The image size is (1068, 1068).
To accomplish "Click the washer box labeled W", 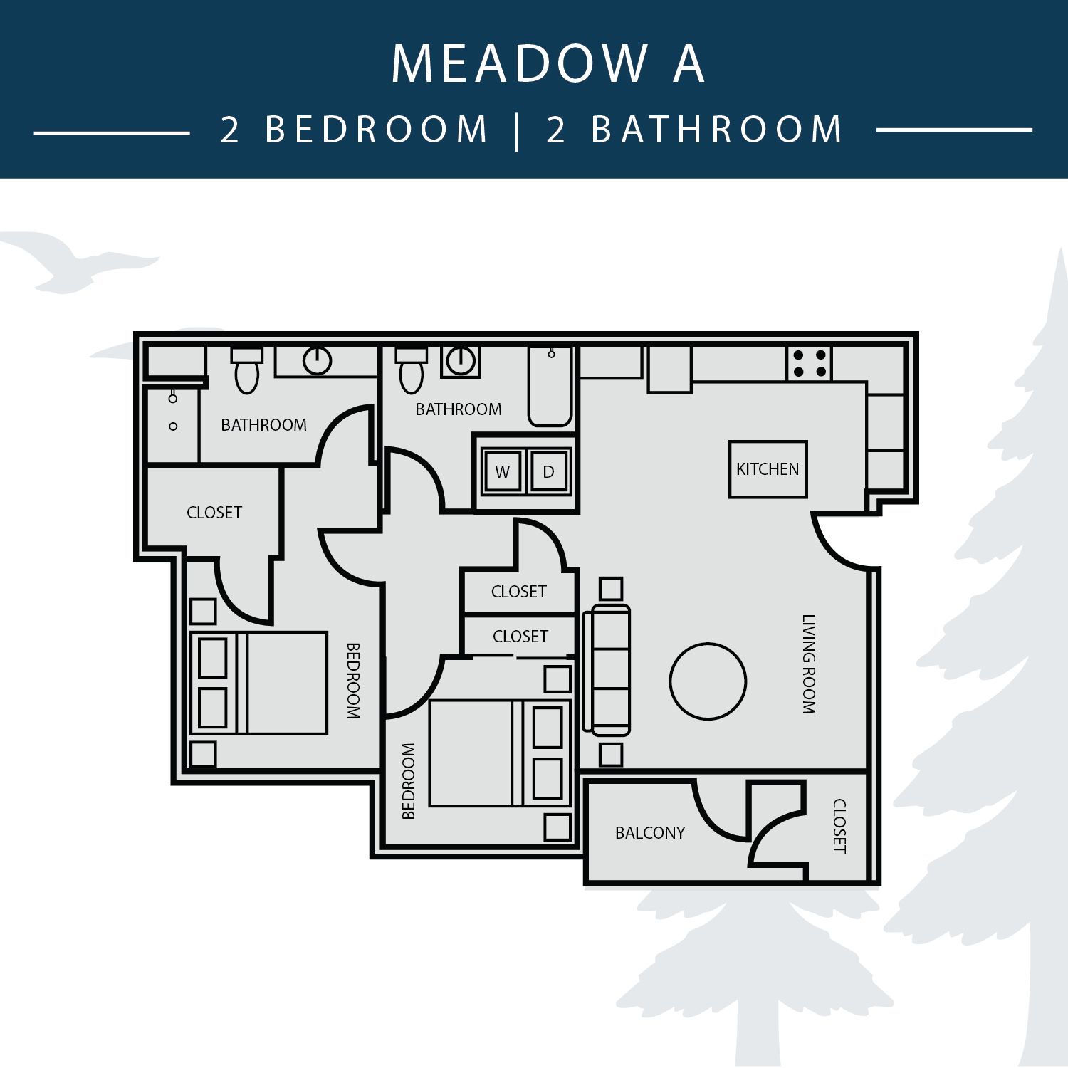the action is click(x=503, y=471).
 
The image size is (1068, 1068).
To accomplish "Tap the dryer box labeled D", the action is click(x=548, y=471).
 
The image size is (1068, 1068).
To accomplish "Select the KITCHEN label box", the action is click(x=768, y=469).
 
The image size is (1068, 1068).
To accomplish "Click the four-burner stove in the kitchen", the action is click(x=810, y=363).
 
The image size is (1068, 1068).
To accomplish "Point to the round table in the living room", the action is click(x=708, y=681).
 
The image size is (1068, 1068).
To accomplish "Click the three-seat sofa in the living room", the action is click(x=607, y=669).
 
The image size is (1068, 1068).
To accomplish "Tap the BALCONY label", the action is click(x=650, y=832).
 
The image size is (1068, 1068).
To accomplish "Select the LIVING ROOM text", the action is click(x=809, y=664).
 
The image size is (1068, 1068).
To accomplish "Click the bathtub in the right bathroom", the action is click(x=550, y=386).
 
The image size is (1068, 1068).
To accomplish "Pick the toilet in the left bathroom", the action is click(x=247, y=370).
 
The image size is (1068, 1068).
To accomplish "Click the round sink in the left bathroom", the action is click(x=318, y=361).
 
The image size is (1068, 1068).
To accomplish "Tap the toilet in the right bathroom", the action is click(x=412, y=370).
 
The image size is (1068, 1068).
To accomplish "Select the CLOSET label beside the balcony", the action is click(x=839, y=826).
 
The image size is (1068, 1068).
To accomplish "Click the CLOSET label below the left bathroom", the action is click(x=214, y=512).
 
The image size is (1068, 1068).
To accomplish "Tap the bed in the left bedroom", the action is click(x=259, y=683).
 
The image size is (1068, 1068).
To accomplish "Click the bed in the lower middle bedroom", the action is click(x=501, y=753).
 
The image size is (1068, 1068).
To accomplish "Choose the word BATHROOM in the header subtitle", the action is click(x=717, y=129).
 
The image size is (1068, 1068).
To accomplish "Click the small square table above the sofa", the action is click(x=611, y=589).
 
